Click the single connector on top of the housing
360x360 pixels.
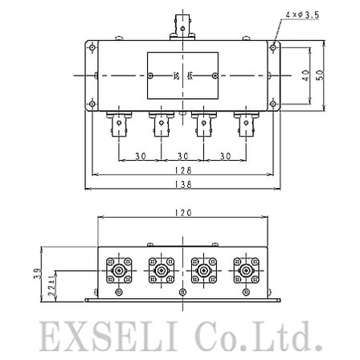(x=183, y=26)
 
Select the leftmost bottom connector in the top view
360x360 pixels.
(x=117, y=126)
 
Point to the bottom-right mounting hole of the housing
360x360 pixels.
(x=274, y=104)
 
